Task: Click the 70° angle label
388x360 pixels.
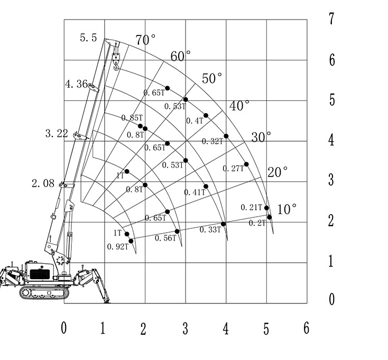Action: point(146,40)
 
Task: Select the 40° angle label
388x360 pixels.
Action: point(239,106)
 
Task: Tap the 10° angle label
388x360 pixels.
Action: point(287,209)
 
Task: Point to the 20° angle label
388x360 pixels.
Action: point(278,172)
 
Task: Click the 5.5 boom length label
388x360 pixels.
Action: point(88,38)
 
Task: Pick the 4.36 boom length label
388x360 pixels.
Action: point(76,84)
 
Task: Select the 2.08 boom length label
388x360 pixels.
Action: point(43,184)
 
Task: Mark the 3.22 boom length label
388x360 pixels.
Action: point(57,133)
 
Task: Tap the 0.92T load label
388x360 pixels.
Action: point(117,246)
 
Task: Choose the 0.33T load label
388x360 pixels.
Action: point(210,229)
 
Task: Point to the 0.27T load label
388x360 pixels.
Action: point(234,168)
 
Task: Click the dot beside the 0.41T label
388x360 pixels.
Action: point(206,187)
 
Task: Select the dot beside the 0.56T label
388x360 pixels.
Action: point(177,232)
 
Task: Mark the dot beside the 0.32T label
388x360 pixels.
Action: point(226,136)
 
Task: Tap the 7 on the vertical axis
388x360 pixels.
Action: point(332,19)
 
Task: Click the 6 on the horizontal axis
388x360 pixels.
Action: point(306,328)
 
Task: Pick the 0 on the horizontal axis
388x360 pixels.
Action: point(64,328)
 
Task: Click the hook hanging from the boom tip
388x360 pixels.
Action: point(117,62)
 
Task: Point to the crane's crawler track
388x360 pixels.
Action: point(45,292)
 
